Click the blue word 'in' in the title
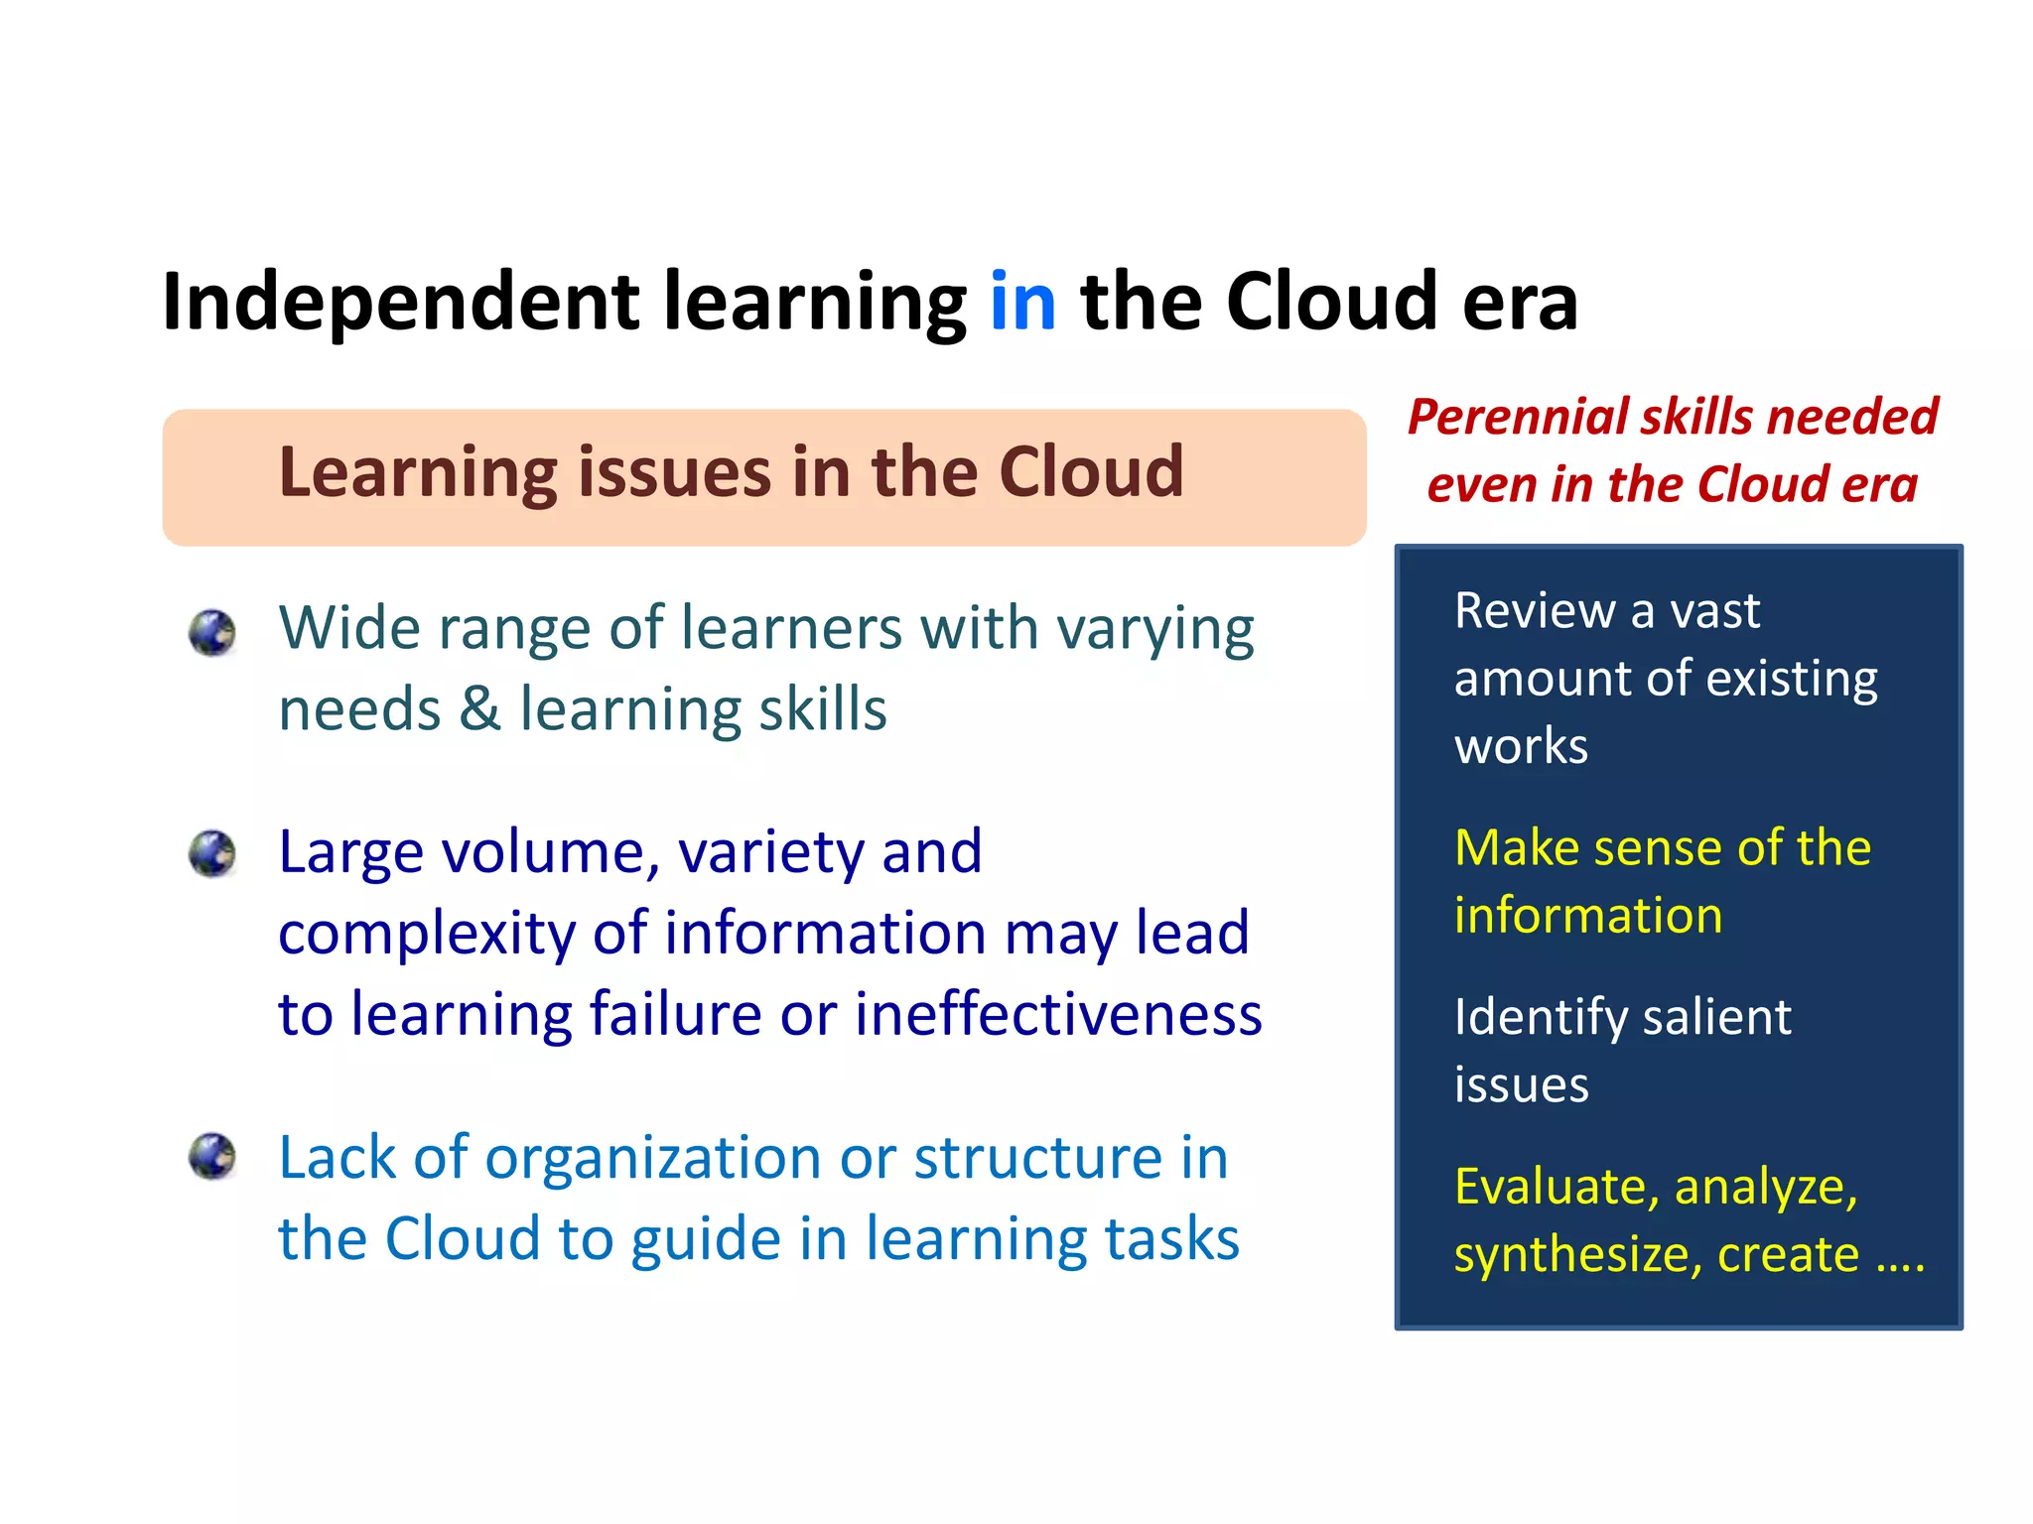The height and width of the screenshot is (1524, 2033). (1022, 302)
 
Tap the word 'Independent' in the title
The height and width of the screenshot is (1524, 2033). (400, 304)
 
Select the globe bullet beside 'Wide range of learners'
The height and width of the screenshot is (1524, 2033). (212, 632)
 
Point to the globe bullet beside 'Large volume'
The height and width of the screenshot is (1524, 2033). (212, 854)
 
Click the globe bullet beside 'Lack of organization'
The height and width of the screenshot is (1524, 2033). (212, 1157)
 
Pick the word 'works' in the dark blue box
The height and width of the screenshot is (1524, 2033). (1521, 746)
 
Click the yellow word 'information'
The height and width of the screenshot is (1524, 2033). (1588, 916)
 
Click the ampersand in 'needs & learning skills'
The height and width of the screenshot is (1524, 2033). (480, 710)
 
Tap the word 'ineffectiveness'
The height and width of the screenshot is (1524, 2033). (1058, 1015)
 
